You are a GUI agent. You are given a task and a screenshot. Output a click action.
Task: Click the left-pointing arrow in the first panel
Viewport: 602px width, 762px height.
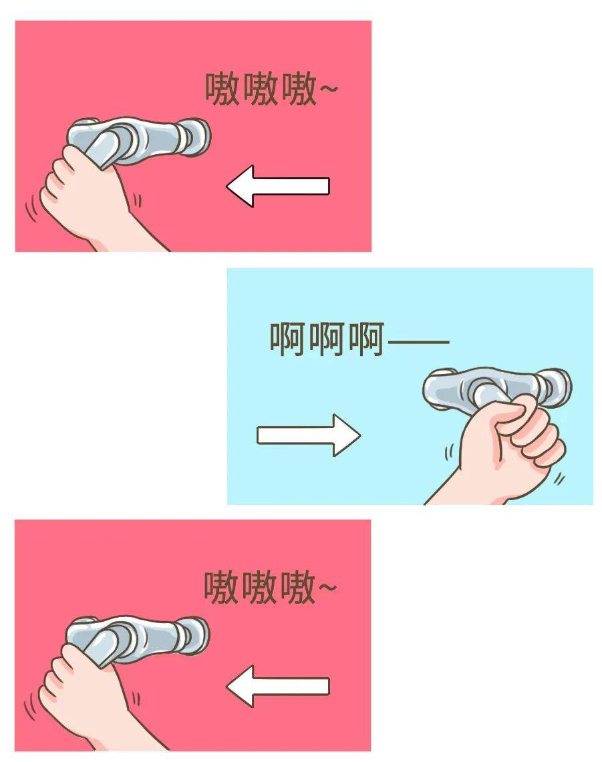[x=277, y=185]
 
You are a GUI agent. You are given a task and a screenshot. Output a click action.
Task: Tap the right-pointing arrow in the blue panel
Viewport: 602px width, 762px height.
[x=309, y=435]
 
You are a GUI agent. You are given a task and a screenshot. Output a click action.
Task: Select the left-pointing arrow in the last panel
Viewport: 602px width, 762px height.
[x=277, y=686]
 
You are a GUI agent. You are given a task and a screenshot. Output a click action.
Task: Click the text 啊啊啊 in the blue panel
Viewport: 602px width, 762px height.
[x=327, y=340]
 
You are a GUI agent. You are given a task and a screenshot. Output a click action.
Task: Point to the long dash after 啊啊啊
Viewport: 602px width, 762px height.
[x=418, y=342]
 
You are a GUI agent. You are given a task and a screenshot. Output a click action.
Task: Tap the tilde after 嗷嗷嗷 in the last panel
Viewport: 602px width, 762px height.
[x=327, y=588]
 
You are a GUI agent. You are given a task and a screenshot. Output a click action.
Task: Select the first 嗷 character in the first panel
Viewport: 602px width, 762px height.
[x=222, y=89]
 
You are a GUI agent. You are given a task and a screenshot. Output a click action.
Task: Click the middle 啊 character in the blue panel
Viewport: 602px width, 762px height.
[x=327, y=340]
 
